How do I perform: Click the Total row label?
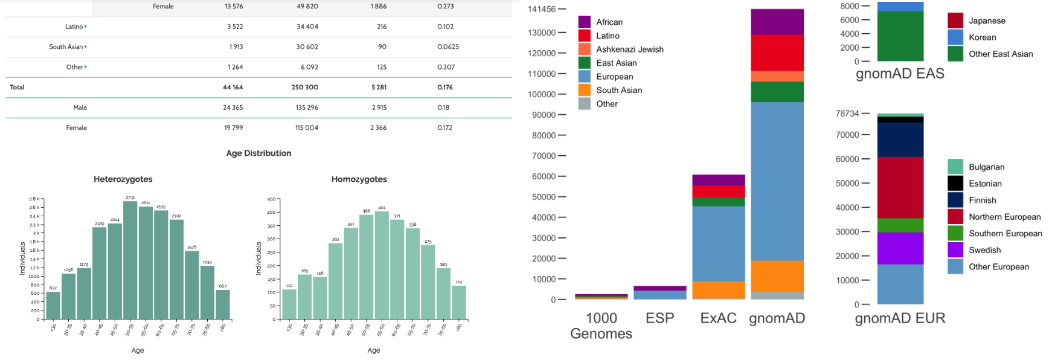pos(17,88)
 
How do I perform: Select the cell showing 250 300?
pos(304,88)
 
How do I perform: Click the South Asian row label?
pos(66,47)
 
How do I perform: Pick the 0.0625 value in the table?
pos(448,47)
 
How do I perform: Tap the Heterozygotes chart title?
pos(123,179)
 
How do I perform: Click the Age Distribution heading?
pos(258,153)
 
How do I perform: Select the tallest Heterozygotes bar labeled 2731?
pos(130,260)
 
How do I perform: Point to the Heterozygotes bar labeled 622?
pos(53,305)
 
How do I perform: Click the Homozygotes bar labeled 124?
pos(459,302)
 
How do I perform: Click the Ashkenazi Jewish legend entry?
pos(629,50)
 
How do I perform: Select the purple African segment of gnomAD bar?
pos(777,22)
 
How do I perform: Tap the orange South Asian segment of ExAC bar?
pos(718,289)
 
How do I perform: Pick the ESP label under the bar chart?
pos(659,318)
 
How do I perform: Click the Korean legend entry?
pos(982,37)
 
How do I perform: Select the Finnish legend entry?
pos(982,201)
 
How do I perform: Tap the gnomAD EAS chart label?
pos(900,74)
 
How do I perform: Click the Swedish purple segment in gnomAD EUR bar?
pos(900,248)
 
